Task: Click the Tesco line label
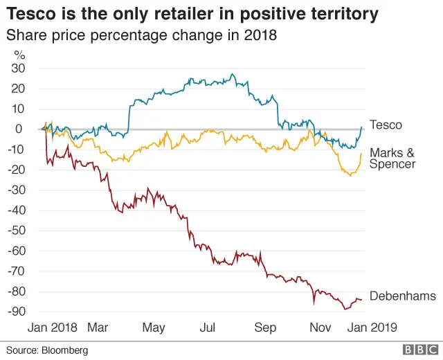(386, 125)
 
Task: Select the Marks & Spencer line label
(392, 159)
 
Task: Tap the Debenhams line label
(402, 296)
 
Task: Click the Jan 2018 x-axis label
(52, 327)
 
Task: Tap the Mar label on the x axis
(98, 327)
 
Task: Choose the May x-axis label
(154, 327)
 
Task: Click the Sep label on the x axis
(265, 327)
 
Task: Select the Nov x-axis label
(320, 327)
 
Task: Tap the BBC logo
(419, 350)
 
